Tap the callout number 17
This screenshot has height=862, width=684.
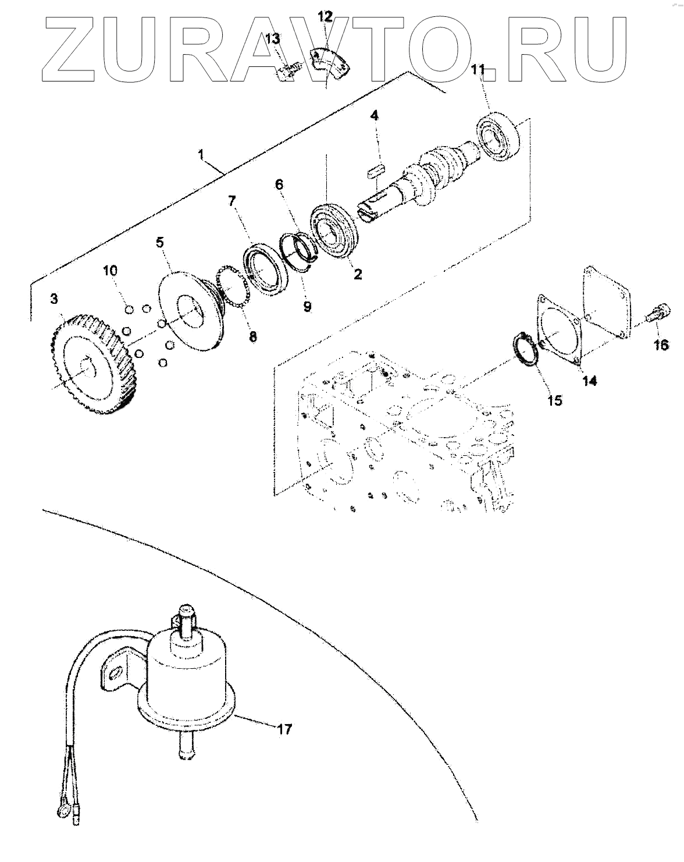point(284,729)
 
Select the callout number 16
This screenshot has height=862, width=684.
point(661,345)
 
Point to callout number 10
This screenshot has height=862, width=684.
point(111,270)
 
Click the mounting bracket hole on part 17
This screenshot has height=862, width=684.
point(116,672)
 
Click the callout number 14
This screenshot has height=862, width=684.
point(590,381)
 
